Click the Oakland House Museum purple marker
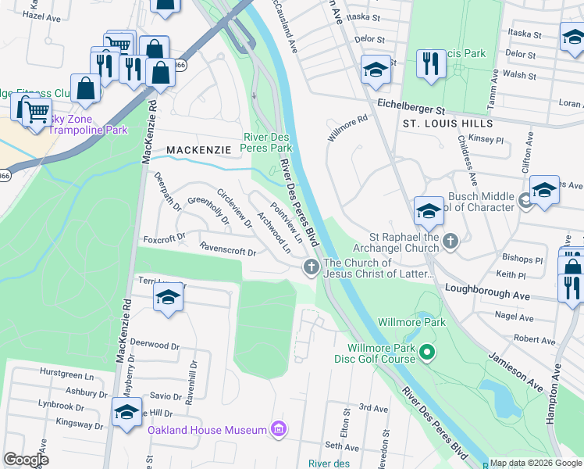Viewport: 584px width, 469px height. (x=277, y=428)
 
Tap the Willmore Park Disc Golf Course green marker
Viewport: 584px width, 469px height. (x=426, y=353)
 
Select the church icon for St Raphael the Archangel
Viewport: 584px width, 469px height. (x=450, y=242)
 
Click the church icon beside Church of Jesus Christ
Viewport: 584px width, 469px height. (x=311, y=268)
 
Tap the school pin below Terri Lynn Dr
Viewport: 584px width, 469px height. (x=167, y=298)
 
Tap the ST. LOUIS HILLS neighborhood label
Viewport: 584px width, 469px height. (x=447, y=124)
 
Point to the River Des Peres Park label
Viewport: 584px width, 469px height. (x=267, y=141)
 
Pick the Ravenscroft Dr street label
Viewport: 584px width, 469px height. (x=228, y=251)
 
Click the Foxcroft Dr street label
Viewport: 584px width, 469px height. (x=163, y=237)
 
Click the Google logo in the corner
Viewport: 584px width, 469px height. (x=27, y=459)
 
